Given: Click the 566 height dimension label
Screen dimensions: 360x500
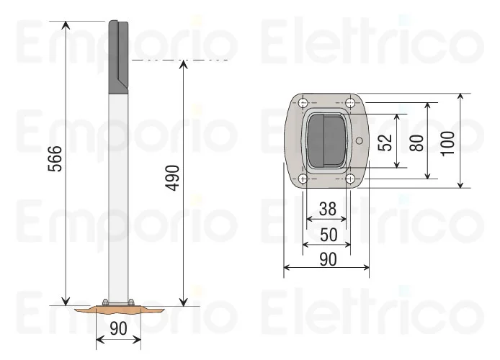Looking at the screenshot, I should (55, 160).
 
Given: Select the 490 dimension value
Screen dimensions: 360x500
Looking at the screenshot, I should (173, 178).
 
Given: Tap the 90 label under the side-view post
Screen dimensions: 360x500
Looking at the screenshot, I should (119, 329).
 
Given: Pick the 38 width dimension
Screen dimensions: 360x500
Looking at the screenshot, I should (327, 209).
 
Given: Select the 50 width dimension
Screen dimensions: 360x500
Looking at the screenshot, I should (327, 234).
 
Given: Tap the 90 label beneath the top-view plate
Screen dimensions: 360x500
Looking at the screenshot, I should (327, 259).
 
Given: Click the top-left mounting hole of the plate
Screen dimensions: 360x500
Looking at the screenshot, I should (304, 102).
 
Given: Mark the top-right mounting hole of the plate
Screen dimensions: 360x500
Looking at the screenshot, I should (350, 102).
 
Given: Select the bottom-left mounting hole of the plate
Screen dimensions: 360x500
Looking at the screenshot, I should (304, 179).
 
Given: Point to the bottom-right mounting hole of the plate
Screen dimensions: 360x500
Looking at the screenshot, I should (350, 179).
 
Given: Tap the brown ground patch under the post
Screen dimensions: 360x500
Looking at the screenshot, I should (119, 310).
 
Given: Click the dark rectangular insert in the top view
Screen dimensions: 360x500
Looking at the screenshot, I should (327, 140).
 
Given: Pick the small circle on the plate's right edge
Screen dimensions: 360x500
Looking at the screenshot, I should (358, 140).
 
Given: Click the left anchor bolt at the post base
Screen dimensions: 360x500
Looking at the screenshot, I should (106, 302).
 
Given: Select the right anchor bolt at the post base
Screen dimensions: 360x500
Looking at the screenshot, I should (131, 302).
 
